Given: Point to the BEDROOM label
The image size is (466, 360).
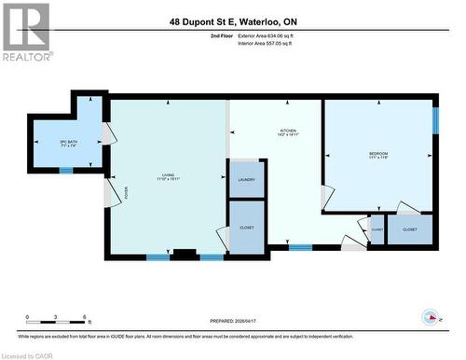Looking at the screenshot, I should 377,155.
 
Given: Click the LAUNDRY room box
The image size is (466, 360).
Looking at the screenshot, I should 246,179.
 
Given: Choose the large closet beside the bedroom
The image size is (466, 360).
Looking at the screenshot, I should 409,228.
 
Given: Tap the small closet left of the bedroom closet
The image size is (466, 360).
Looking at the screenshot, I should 377,228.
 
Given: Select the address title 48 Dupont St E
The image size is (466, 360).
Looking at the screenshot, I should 232,21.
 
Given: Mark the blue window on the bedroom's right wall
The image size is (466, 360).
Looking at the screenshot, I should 434,121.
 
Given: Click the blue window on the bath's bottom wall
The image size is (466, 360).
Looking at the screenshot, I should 65,171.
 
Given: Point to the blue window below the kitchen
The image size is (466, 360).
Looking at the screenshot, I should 299,248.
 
